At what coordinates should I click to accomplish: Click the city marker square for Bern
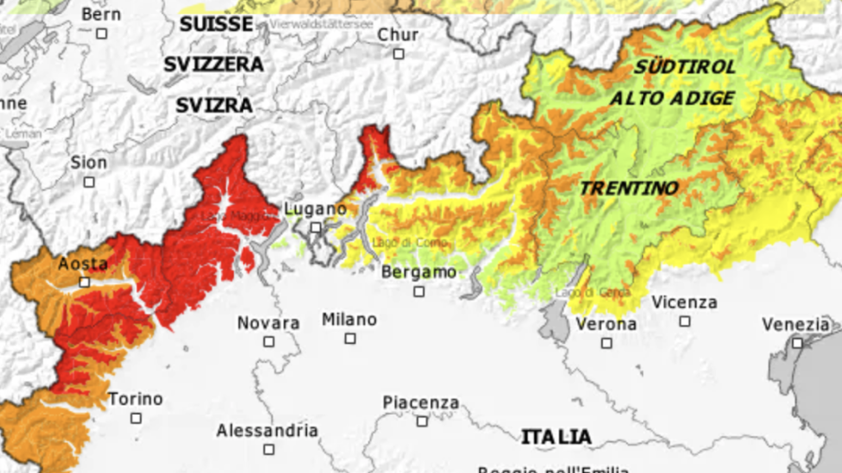pos(102,33)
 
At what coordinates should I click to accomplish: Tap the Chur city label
pos(398,35)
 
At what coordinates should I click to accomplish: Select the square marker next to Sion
pos(89,182)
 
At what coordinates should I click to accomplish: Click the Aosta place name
pos(82,264)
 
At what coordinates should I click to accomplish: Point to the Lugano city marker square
pos(315,228)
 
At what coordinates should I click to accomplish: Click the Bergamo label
pos(418,272)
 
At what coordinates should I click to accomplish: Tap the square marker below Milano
pos(349,339)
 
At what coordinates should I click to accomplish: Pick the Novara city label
pos(268,322)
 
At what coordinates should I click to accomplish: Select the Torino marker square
pos(135,418)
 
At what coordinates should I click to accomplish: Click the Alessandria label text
pos(267,431)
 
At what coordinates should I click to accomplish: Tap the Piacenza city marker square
pos(421,421)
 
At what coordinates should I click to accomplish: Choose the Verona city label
pos(606,324)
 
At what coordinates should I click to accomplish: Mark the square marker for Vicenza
pos(684,321)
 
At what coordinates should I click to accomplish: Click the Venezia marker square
pos(796,342)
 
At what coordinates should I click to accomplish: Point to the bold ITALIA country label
pos(556,437)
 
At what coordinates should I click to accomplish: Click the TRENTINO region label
pos(628,188)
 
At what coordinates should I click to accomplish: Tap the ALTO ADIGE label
pos(672,99)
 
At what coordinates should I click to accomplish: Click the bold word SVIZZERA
pos(213,64)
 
